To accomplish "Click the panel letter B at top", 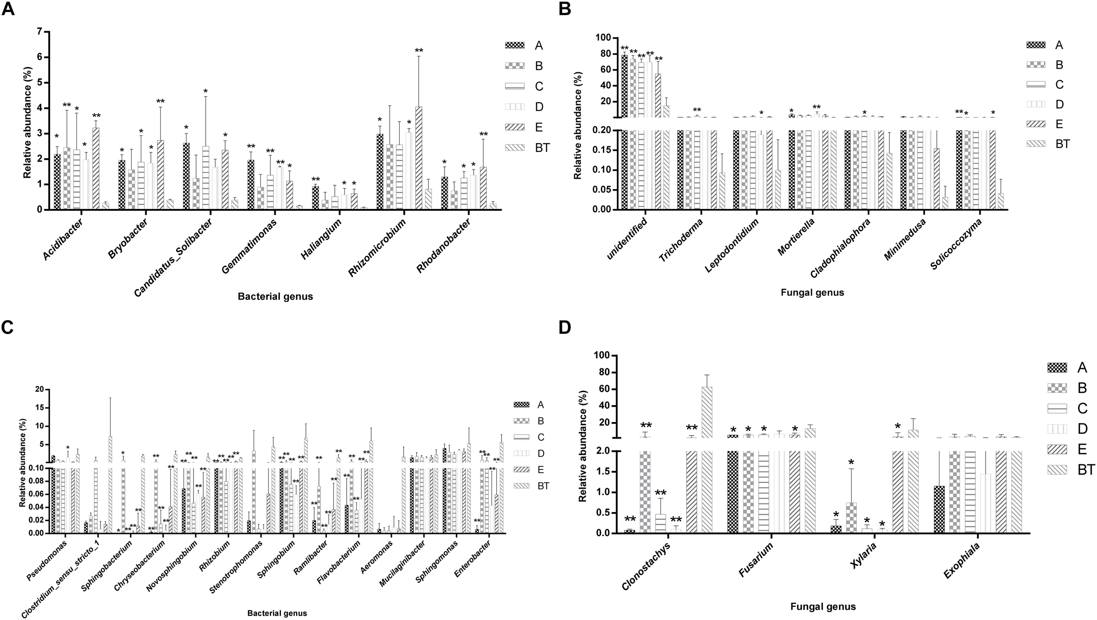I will point(563,8).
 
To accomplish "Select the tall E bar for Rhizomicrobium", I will point(419,158).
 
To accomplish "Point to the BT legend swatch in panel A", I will point(517,148).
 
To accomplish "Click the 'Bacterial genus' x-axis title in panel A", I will point(275,296).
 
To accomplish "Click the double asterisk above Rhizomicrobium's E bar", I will point(419,50).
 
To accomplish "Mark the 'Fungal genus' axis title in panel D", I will point(823,607).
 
